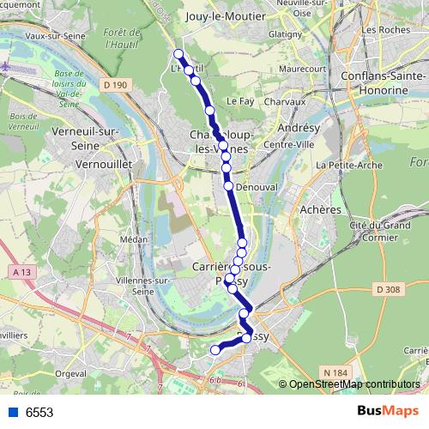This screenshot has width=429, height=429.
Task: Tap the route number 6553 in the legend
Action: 39,413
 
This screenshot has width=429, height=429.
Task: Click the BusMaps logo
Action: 389,411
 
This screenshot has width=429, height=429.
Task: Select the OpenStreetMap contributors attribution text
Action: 354,384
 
